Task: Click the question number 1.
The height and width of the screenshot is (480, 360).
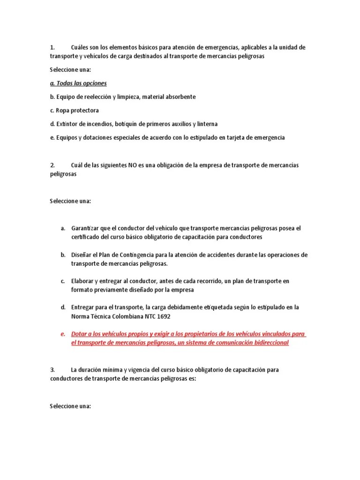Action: [x=52, y=47]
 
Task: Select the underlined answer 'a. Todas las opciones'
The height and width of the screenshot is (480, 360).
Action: [x=78, y=83]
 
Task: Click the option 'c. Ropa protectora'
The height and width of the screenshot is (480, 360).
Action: [x=74, y=111]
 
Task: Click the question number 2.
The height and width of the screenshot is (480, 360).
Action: [x=52, y=165]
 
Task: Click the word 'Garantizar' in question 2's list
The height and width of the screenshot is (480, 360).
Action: [x=85, y=228]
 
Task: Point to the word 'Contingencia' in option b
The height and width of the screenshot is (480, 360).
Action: [x=140, y=255]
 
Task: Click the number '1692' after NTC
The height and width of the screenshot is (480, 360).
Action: [x=163, y=316]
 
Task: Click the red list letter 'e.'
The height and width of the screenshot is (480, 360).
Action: [x=62, y=334]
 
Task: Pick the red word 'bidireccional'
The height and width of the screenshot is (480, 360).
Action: [x=268, y=343]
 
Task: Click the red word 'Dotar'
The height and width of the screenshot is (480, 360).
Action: [x=79, y=334]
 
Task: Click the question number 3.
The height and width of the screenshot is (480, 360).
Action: [x=52, y=370]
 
